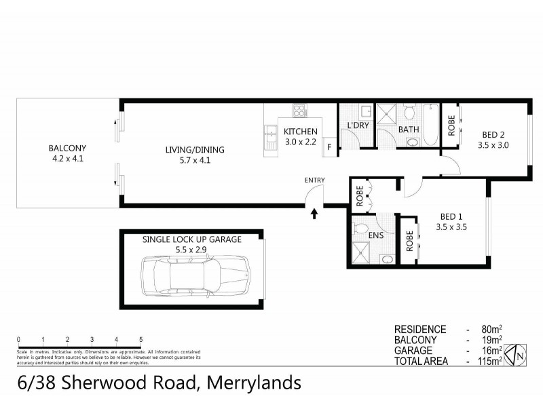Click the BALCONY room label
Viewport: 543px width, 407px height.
tap(67, 149)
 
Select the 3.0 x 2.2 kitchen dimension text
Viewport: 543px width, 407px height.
tap(300, 142)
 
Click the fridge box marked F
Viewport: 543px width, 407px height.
tap(329, 147)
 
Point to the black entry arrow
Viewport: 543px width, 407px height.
tap(314, 214)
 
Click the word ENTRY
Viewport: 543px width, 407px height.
tap(315, 180)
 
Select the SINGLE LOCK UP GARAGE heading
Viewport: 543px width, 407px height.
tap(191, 239)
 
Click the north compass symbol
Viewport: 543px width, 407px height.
tap(518, 354)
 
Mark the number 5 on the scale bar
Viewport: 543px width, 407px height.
tap(141, 339)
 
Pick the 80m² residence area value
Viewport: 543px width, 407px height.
tap(491, 329)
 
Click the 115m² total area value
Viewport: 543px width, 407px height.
tap(489, 362)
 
